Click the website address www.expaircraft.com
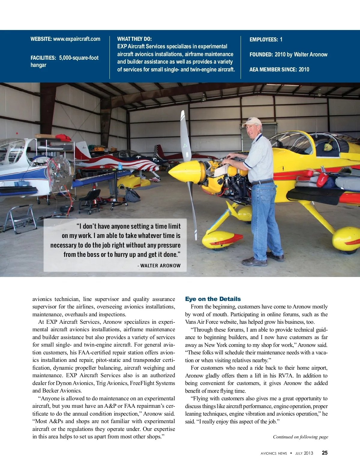point(76,39)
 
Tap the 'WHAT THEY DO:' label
point(134,39)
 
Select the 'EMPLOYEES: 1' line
point(266,40)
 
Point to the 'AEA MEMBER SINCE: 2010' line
point(279,70)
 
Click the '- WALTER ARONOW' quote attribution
point(159,266)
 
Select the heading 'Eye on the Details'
point(213,299)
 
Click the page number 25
point(325,453)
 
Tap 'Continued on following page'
point(300,437)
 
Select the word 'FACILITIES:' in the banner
point(43,58)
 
